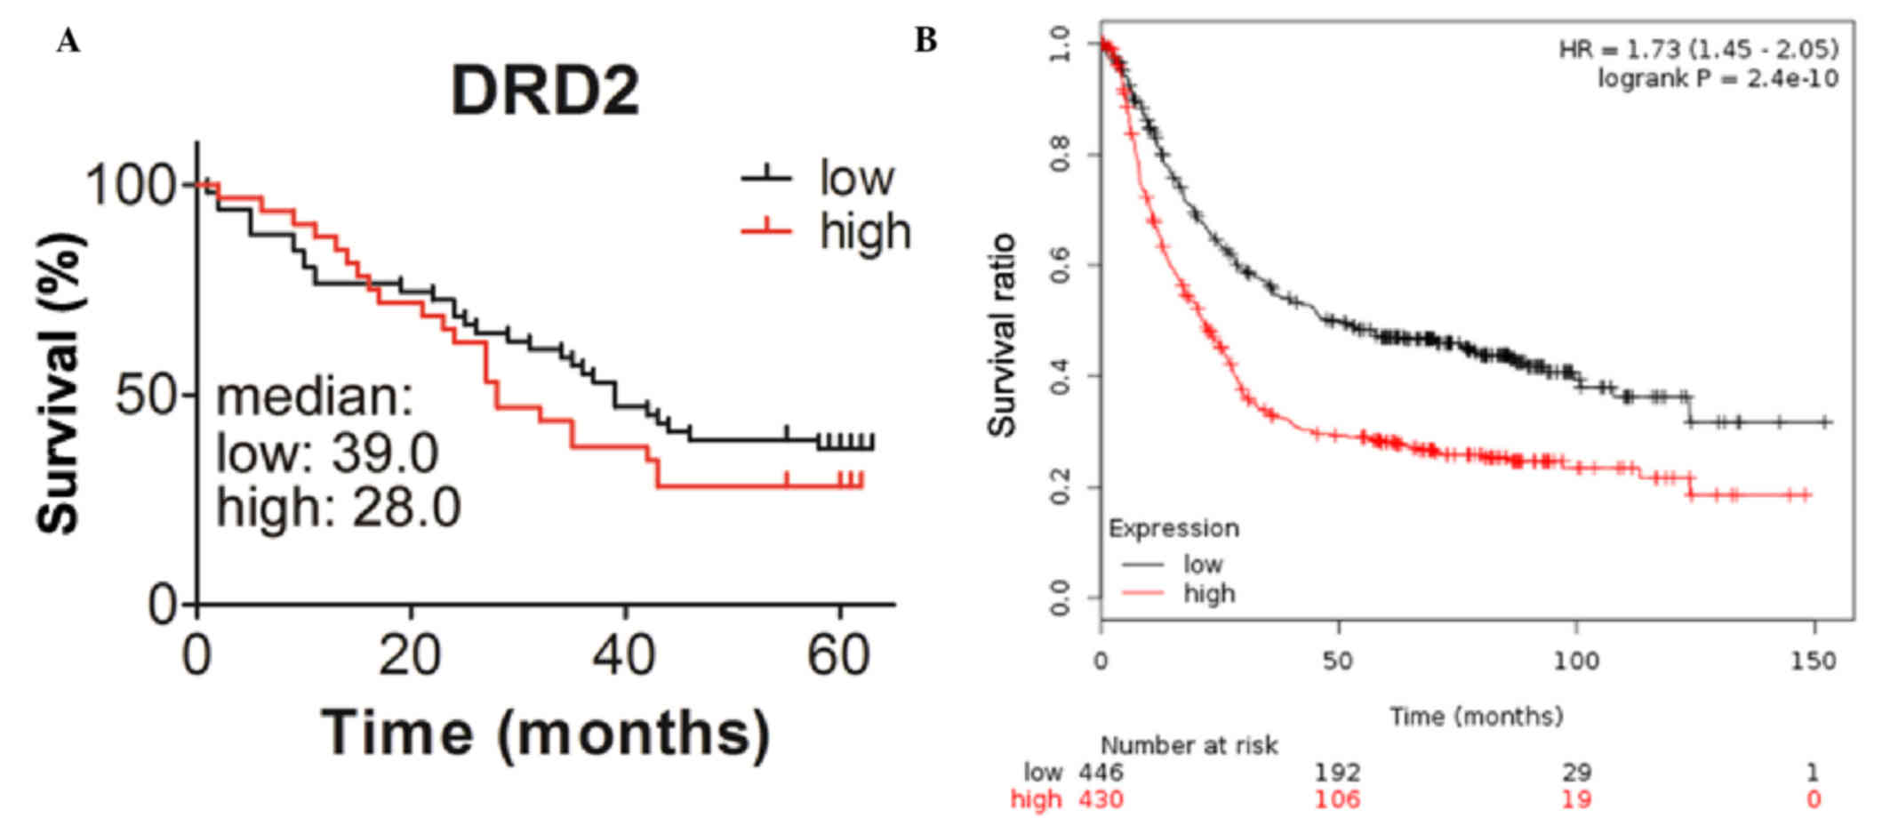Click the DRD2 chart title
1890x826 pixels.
(x=545, y=91)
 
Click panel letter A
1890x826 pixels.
(x=68, y=42)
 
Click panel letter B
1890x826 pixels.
(x=925, y=40)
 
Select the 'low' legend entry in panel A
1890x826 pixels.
(x=856, y=178)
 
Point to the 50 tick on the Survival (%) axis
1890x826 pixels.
(x=148, y=394)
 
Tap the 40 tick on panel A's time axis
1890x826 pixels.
(x=625, y=656)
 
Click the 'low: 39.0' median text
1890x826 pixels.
(x=327, y=453)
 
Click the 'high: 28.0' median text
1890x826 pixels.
(x=338, y=509)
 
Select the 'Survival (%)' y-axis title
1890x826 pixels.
(x=60, y=382)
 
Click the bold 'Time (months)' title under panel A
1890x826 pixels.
(x=545, y=733)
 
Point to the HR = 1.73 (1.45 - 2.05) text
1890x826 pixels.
(x=1698, y=49)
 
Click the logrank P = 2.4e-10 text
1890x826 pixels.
(x=1718, y=78)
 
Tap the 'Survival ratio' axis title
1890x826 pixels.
(x=1002, y=335)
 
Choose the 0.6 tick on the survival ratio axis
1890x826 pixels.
(x=1060, y=265)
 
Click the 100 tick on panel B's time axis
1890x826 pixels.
(x=1575, y=662)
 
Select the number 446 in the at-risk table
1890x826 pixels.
(x=1101, y=772)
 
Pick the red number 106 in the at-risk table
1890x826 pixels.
(x=1337, y=799)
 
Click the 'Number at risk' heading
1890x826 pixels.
(x=1189, y=745)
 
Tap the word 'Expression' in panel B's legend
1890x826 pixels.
(x=1173, y=528)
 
